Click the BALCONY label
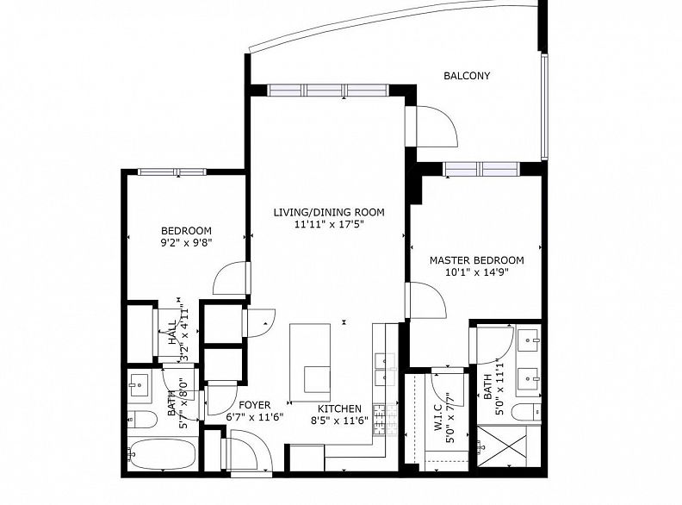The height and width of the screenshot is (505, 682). [x=467, y=76]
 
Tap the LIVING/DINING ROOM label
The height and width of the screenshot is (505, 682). [x=329, y=213]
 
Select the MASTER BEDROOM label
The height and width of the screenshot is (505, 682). [x=477, y=260]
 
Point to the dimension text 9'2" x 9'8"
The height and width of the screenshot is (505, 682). [x=186, y=242]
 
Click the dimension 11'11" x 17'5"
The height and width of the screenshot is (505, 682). [x=329, y=225]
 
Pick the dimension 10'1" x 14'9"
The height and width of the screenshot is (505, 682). [x=477, y=272]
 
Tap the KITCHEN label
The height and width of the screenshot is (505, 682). [x=339, y=408]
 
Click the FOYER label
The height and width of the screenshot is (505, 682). [x=254, y=405]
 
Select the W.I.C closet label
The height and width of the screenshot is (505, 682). [x=438, y=418]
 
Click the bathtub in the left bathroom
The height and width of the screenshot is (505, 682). [x=163, y=454]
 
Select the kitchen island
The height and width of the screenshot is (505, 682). [x=310, y=363]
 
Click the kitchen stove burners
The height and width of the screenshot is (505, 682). [x=379, y=419]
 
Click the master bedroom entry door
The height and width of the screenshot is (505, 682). [x=426, y=301]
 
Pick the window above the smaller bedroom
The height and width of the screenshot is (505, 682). [x=172, y=172]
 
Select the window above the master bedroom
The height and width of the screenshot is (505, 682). [x=481, y=169]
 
